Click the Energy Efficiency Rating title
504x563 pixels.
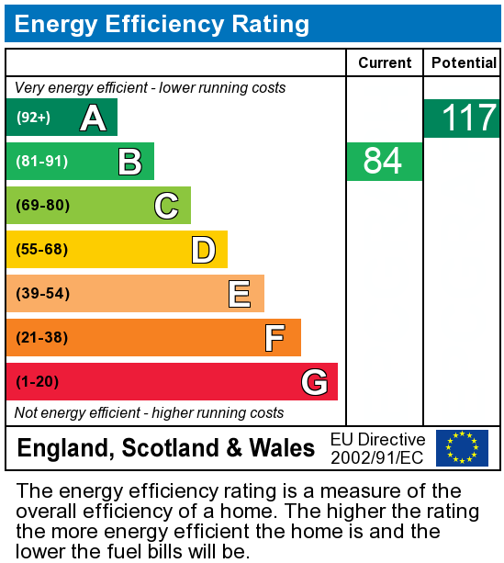[162, 24]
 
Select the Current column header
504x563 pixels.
[385, 62]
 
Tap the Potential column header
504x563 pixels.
[464, 62]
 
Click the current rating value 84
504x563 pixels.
[384, 162]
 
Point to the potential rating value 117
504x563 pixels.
[468, 118]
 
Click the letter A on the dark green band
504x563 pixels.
[93, 118]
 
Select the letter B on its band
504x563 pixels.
[129, 162]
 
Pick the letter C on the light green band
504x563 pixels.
[166, 206]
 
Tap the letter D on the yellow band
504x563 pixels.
[203, 250]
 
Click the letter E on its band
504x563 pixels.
[240, 294]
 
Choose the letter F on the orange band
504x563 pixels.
[274, 338]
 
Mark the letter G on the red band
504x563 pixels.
[314, 382]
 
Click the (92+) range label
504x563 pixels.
[33, 118]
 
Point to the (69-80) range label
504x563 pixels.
[42, 206]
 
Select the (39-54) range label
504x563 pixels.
[42, 294]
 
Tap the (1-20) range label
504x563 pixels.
[37, 382]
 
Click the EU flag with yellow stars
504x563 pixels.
[462, 448]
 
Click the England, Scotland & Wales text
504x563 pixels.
[166, 448]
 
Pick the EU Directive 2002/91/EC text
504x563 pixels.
[377, 448]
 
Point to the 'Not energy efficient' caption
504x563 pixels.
[150, 413]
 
